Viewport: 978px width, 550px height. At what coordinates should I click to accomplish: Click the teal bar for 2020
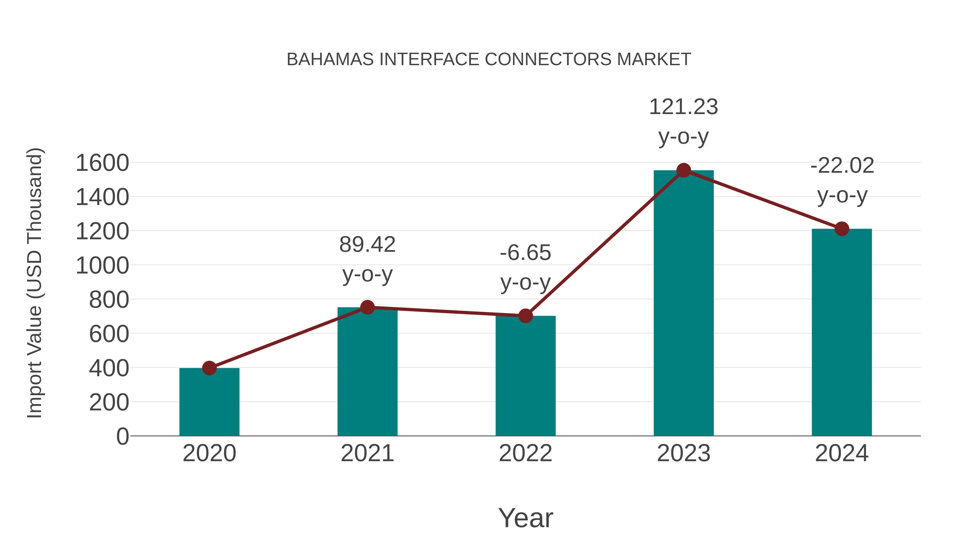pyautogui.click(x=209, y=402)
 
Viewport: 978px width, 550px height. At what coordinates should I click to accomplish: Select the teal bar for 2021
pyautogui.click(x=367, y=372)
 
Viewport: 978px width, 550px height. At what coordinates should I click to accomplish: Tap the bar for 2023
pyautogui.click(x=684, y=304)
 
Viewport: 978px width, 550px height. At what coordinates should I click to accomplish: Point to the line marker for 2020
pyautogui.click(x=209, y=368)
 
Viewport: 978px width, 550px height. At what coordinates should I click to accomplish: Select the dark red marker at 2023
pyautogui.click(x=684, y=170)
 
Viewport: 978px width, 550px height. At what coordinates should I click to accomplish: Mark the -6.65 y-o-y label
pyautogui.click(x=525, y=267)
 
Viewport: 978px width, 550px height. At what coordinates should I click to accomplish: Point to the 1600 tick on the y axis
pyautogui.click(x=102, y=163)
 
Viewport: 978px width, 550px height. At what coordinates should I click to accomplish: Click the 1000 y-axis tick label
pyautogui.click(x=102, y=266)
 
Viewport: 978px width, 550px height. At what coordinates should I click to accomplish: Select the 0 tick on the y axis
pyautogui.click(x=122, y=436)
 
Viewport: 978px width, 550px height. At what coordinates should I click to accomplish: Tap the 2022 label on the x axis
pyautogui.click(x=525, y=453)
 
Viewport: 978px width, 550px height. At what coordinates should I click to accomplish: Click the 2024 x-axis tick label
pyautogui.click(x=842, y=453)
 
